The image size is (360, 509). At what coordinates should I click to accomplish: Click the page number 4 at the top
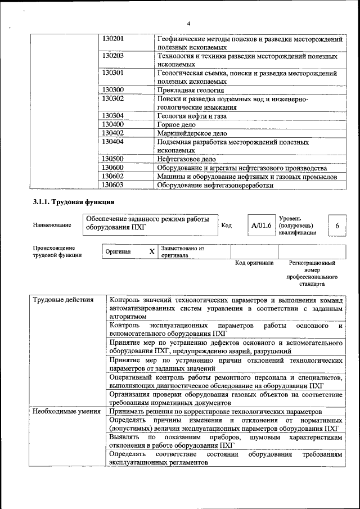coord(188,23)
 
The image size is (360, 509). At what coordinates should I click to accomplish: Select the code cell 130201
coord(113,39)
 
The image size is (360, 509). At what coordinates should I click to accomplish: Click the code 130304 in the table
coord(113,116)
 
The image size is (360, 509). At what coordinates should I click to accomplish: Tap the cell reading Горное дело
coord(176,124)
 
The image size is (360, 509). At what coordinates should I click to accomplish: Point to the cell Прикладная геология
coord(191,90)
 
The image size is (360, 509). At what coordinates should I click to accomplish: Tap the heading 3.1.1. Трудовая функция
coord(74,202)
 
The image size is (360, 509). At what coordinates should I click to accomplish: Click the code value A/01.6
coord(262,226)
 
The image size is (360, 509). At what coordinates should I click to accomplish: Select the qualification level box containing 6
coord(337,226)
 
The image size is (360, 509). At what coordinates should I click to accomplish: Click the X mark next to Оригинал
coord(151,251)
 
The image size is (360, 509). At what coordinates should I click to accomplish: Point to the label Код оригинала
coord(254,263)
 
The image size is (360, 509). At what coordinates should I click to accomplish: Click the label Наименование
coord(52,226)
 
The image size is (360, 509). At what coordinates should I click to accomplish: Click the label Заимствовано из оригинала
coord(182,251)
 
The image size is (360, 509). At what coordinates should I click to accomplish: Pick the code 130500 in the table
coord(113,159)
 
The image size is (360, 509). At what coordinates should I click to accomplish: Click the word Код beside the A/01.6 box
coord(227,226)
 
